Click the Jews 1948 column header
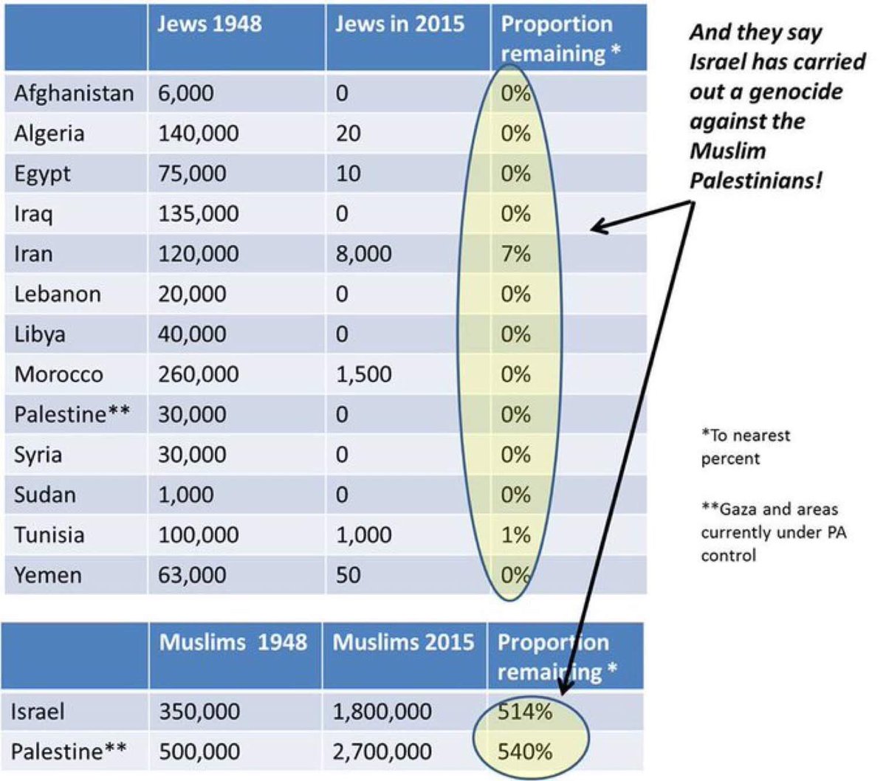[209, 24]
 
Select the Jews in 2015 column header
[399, 24]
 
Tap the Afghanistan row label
[74, 94]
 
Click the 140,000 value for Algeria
[198, 134]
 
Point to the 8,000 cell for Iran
[363, 254]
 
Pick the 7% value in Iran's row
[515, 254]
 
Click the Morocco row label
[58, 374]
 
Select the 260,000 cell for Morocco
[198, 374]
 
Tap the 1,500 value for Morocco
[363, 374]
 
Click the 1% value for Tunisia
[515, 534]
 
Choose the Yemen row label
[47, 575]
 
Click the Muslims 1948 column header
[233, 642]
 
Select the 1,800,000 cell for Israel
[382, 712]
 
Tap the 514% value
[524, 712]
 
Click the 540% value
[524, 751]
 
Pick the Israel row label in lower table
[38, 712]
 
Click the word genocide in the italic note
[796, 92]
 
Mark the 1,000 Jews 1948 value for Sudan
[186, 495]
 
